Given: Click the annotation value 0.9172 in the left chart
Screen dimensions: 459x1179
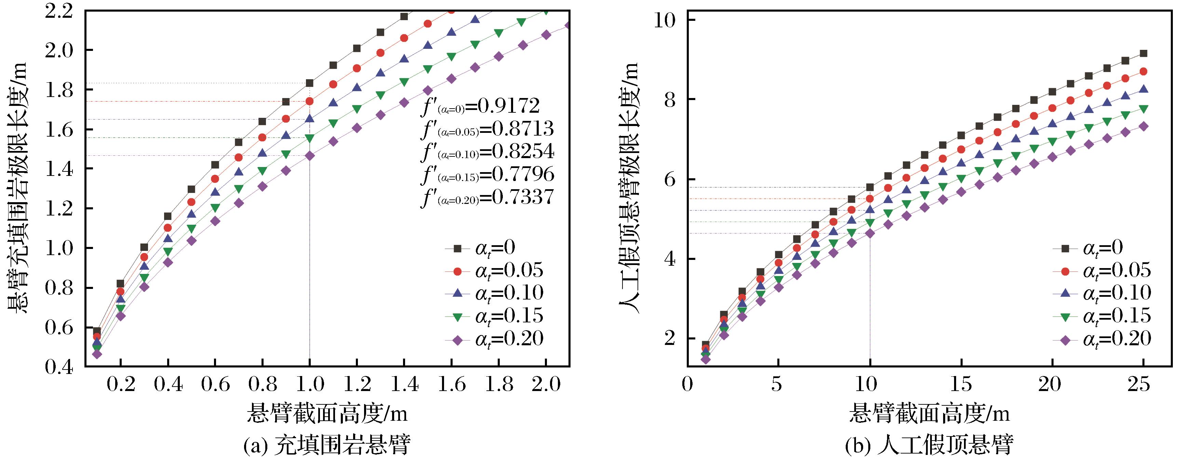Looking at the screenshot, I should (508, 106).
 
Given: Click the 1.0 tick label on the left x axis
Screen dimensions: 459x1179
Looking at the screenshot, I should (309, 385).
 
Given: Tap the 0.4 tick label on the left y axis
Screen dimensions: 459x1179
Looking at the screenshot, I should (59, 367).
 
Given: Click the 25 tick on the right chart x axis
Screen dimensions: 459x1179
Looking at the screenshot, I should (1139, 385).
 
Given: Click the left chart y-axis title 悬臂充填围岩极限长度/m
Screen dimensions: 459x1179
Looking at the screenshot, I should (17, 187).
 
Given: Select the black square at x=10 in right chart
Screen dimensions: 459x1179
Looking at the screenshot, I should (870, 187).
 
